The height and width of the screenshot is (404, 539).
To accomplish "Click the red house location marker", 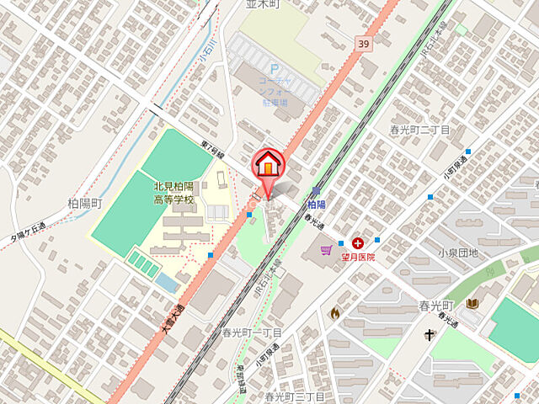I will pos(269,162).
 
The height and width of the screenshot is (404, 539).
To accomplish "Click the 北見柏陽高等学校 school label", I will pos(173,194).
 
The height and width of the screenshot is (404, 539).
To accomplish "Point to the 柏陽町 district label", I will pos(84,204).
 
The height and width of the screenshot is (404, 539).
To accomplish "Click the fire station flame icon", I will pos(335,313).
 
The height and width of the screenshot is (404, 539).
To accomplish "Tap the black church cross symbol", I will pos(430,335).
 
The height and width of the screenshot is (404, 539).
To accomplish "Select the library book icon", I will pos(472,304).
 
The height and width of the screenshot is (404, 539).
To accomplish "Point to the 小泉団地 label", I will pos(457,252).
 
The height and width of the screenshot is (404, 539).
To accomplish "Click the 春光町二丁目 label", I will pos(419,130).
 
